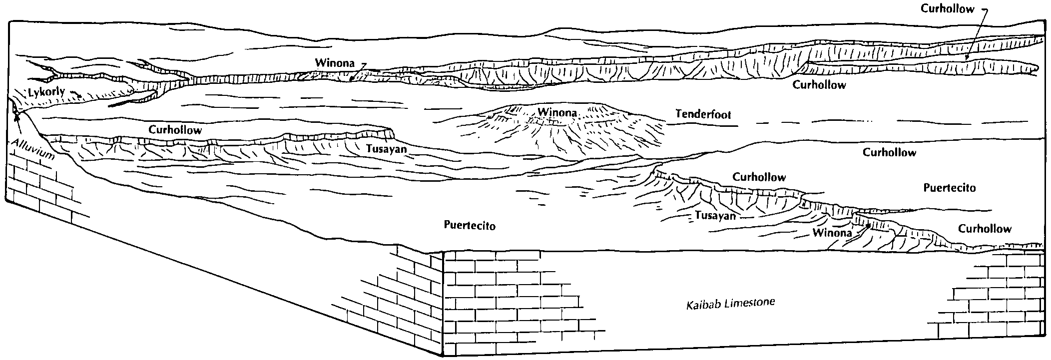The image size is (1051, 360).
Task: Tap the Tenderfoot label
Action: tap(703, 114)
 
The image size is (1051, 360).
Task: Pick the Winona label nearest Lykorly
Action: tap(334, 63)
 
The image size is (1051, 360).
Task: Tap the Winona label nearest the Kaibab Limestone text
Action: tap(832, 233)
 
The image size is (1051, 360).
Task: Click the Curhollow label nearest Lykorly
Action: tap(175, 130)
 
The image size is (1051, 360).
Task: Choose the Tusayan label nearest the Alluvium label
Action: tap(386, 148)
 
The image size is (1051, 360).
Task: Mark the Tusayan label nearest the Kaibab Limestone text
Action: tap(715, 216)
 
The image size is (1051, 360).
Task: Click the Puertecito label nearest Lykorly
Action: tap(470, 226)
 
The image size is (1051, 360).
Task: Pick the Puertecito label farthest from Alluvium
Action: tap(949, 188)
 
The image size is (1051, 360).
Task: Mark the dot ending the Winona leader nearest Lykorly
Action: tap(352, 78)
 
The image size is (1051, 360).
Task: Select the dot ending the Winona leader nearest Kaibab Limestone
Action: tap(869, 226)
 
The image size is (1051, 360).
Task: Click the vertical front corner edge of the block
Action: tap(443, 303)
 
